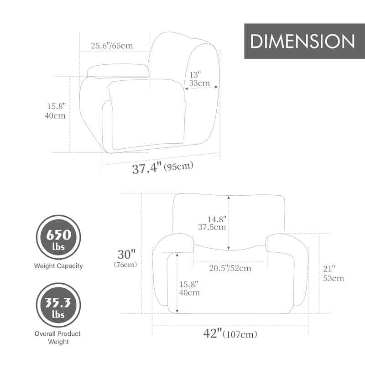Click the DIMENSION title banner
pos(304,41)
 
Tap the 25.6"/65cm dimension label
pos(112,45)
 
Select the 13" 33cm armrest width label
pos(199,79)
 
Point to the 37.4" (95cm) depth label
pos(163,167)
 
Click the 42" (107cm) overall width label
pos(230,334)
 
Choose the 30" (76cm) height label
pos(126,258)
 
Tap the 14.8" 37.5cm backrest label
pos(212,223)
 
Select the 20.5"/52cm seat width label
pos(230,268)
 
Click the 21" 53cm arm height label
pos(334,273)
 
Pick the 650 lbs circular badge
pos(58,237)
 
